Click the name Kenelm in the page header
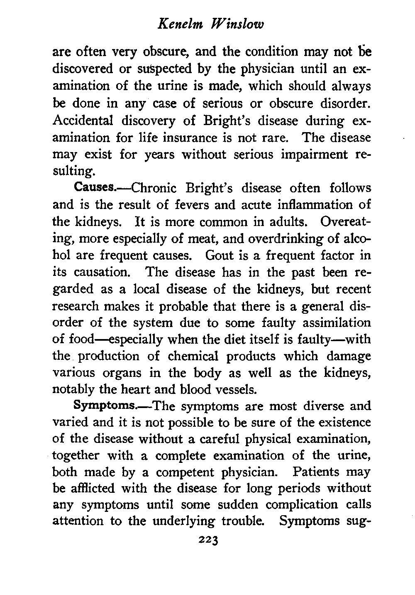177,25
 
